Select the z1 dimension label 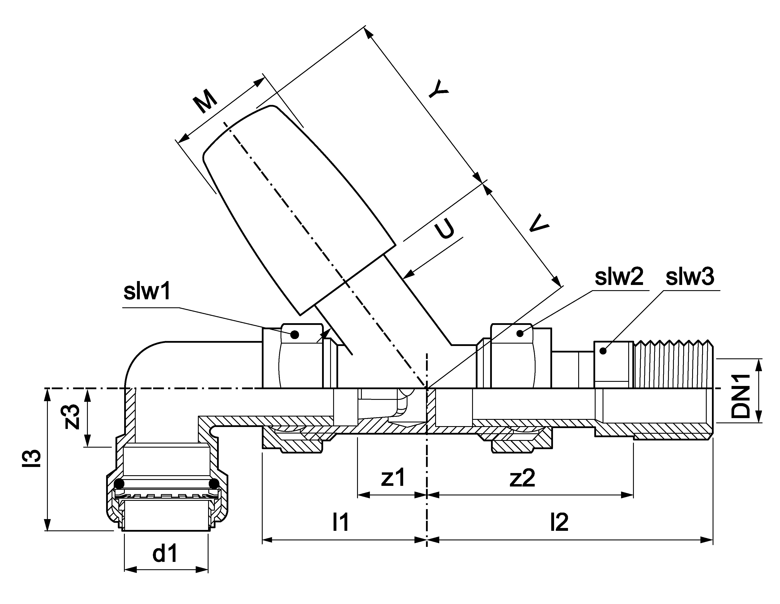tap(393, 477)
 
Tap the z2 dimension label tap(523, 478)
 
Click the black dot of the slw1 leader tap(295, 334)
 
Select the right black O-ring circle tap(214, 484)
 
